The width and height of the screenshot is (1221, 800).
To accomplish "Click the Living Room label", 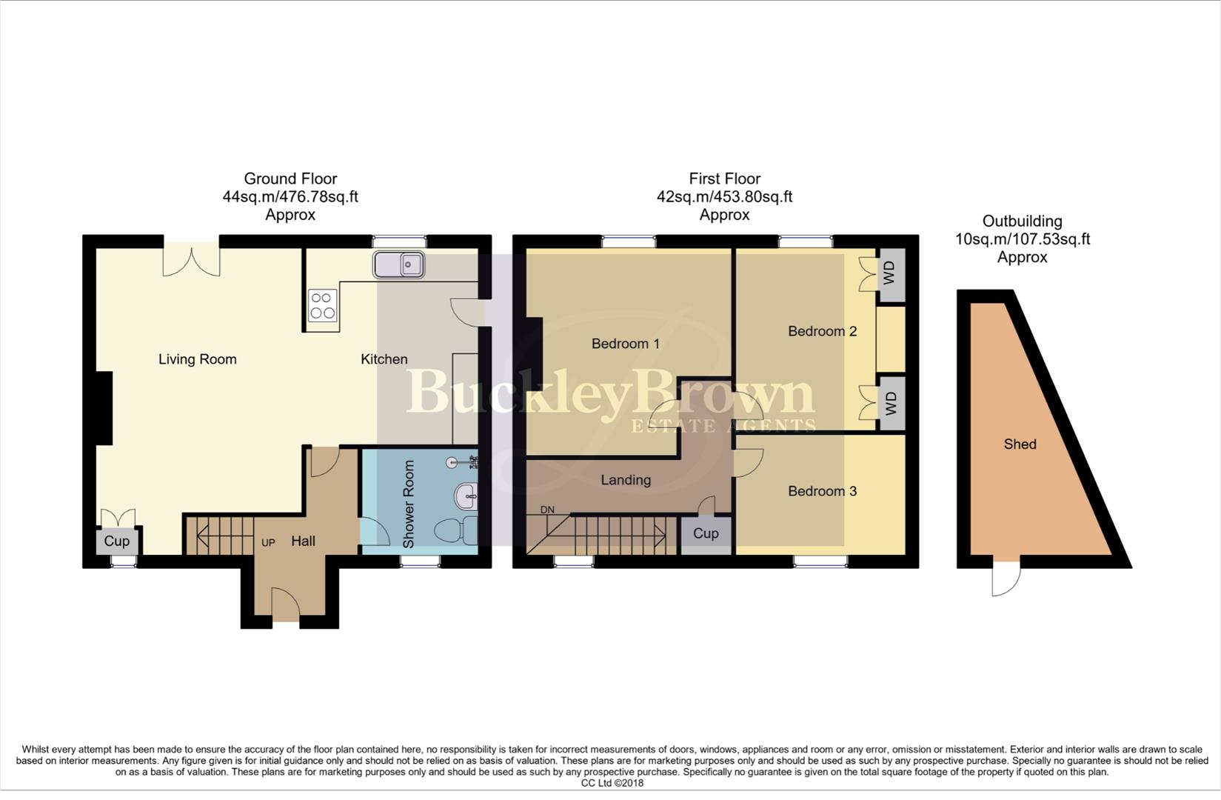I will click(x=197, y=359).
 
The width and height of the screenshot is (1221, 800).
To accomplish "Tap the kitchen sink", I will click(x=398, y=264).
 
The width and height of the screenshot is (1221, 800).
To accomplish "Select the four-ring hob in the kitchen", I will click(x=323, y=305).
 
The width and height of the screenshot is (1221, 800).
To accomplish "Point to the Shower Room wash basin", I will click(x=467, y=497).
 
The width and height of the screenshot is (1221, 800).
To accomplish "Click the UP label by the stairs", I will click(x=268, y=543).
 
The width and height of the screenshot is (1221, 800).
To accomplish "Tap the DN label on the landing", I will click(x=547, y=510).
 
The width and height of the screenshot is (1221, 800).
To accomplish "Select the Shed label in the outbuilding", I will click(x=1020, y=444).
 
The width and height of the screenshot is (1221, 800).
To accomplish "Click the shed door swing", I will click(x=1006, y=580).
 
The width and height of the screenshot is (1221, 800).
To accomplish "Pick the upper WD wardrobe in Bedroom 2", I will click(x=890, y=273).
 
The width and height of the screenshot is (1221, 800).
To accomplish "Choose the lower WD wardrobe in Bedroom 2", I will click(x=891, y=404).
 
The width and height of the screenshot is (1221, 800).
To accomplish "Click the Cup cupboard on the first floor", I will click(x=706, y=533).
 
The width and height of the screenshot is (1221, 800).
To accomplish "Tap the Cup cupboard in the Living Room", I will click(x=116, y=541).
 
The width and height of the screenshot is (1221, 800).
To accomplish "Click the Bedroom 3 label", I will click(x=822, y=491).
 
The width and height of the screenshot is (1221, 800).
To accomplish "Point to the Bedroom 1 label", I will click(x=625, y=344).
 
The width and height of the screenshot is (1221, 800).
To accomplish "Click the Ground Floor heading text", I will click(x=290, y=179).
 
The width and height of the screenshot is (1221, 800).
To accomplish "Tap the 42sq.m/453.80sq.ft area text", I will click(x=724, y=197).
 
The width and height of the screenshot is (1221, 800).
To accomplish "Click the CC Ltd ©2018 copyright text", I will click(x=612, y=783).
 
